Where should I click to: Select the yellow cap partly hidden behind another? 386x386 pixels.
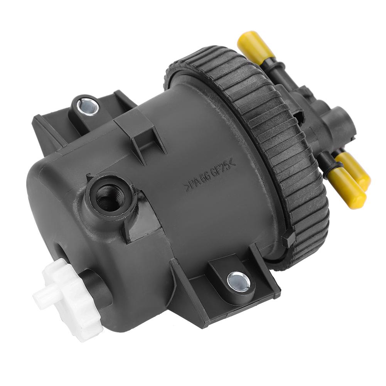tap(355, 170)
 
